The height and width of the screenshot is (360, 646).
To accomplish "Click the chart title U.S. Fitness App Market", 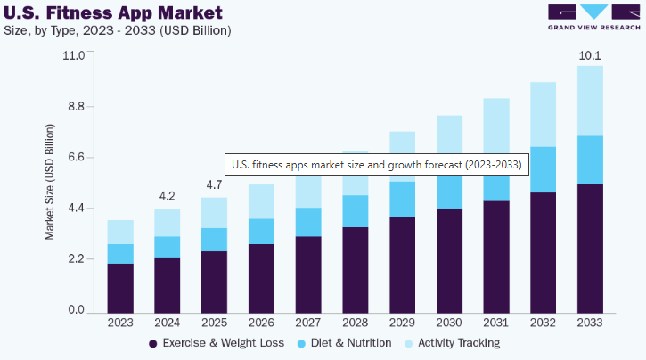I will coord(111,13).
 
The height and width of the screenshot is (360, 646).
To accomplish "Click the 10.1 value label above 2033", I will coord(590,55).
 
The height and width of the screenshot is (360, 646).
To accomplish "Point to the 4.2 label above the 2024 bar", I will coord(167,196).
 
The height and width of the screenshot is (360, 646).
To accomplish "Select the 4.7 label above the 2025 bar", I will coord(214,184).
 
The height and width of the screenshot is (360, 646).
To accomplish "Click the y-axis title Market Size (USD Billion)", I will coord(50,183).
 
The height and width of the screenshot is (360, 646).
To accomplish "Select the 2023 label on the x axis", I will coord(120,321).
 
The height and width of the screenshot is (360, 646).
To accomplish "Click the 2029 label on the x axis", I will coord(402,321).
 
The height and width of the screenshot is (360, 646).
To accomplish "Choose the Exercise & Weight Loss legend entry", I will coord(217,343).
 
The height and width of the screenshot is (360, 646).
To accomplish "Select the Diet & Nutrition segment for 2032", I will coord(543,169).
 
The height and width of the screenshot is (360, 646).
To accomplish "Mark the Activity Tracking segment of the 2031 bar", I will coord(495,125).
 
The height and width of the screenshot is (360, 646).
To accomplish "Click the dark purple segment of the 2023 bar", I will coord(120,287).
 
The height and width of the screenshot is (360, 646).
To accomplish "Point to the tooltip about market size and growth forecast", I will coord(376,165).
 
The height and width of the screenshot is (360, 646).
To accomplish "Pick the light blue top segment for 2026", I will coord(261,201).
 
